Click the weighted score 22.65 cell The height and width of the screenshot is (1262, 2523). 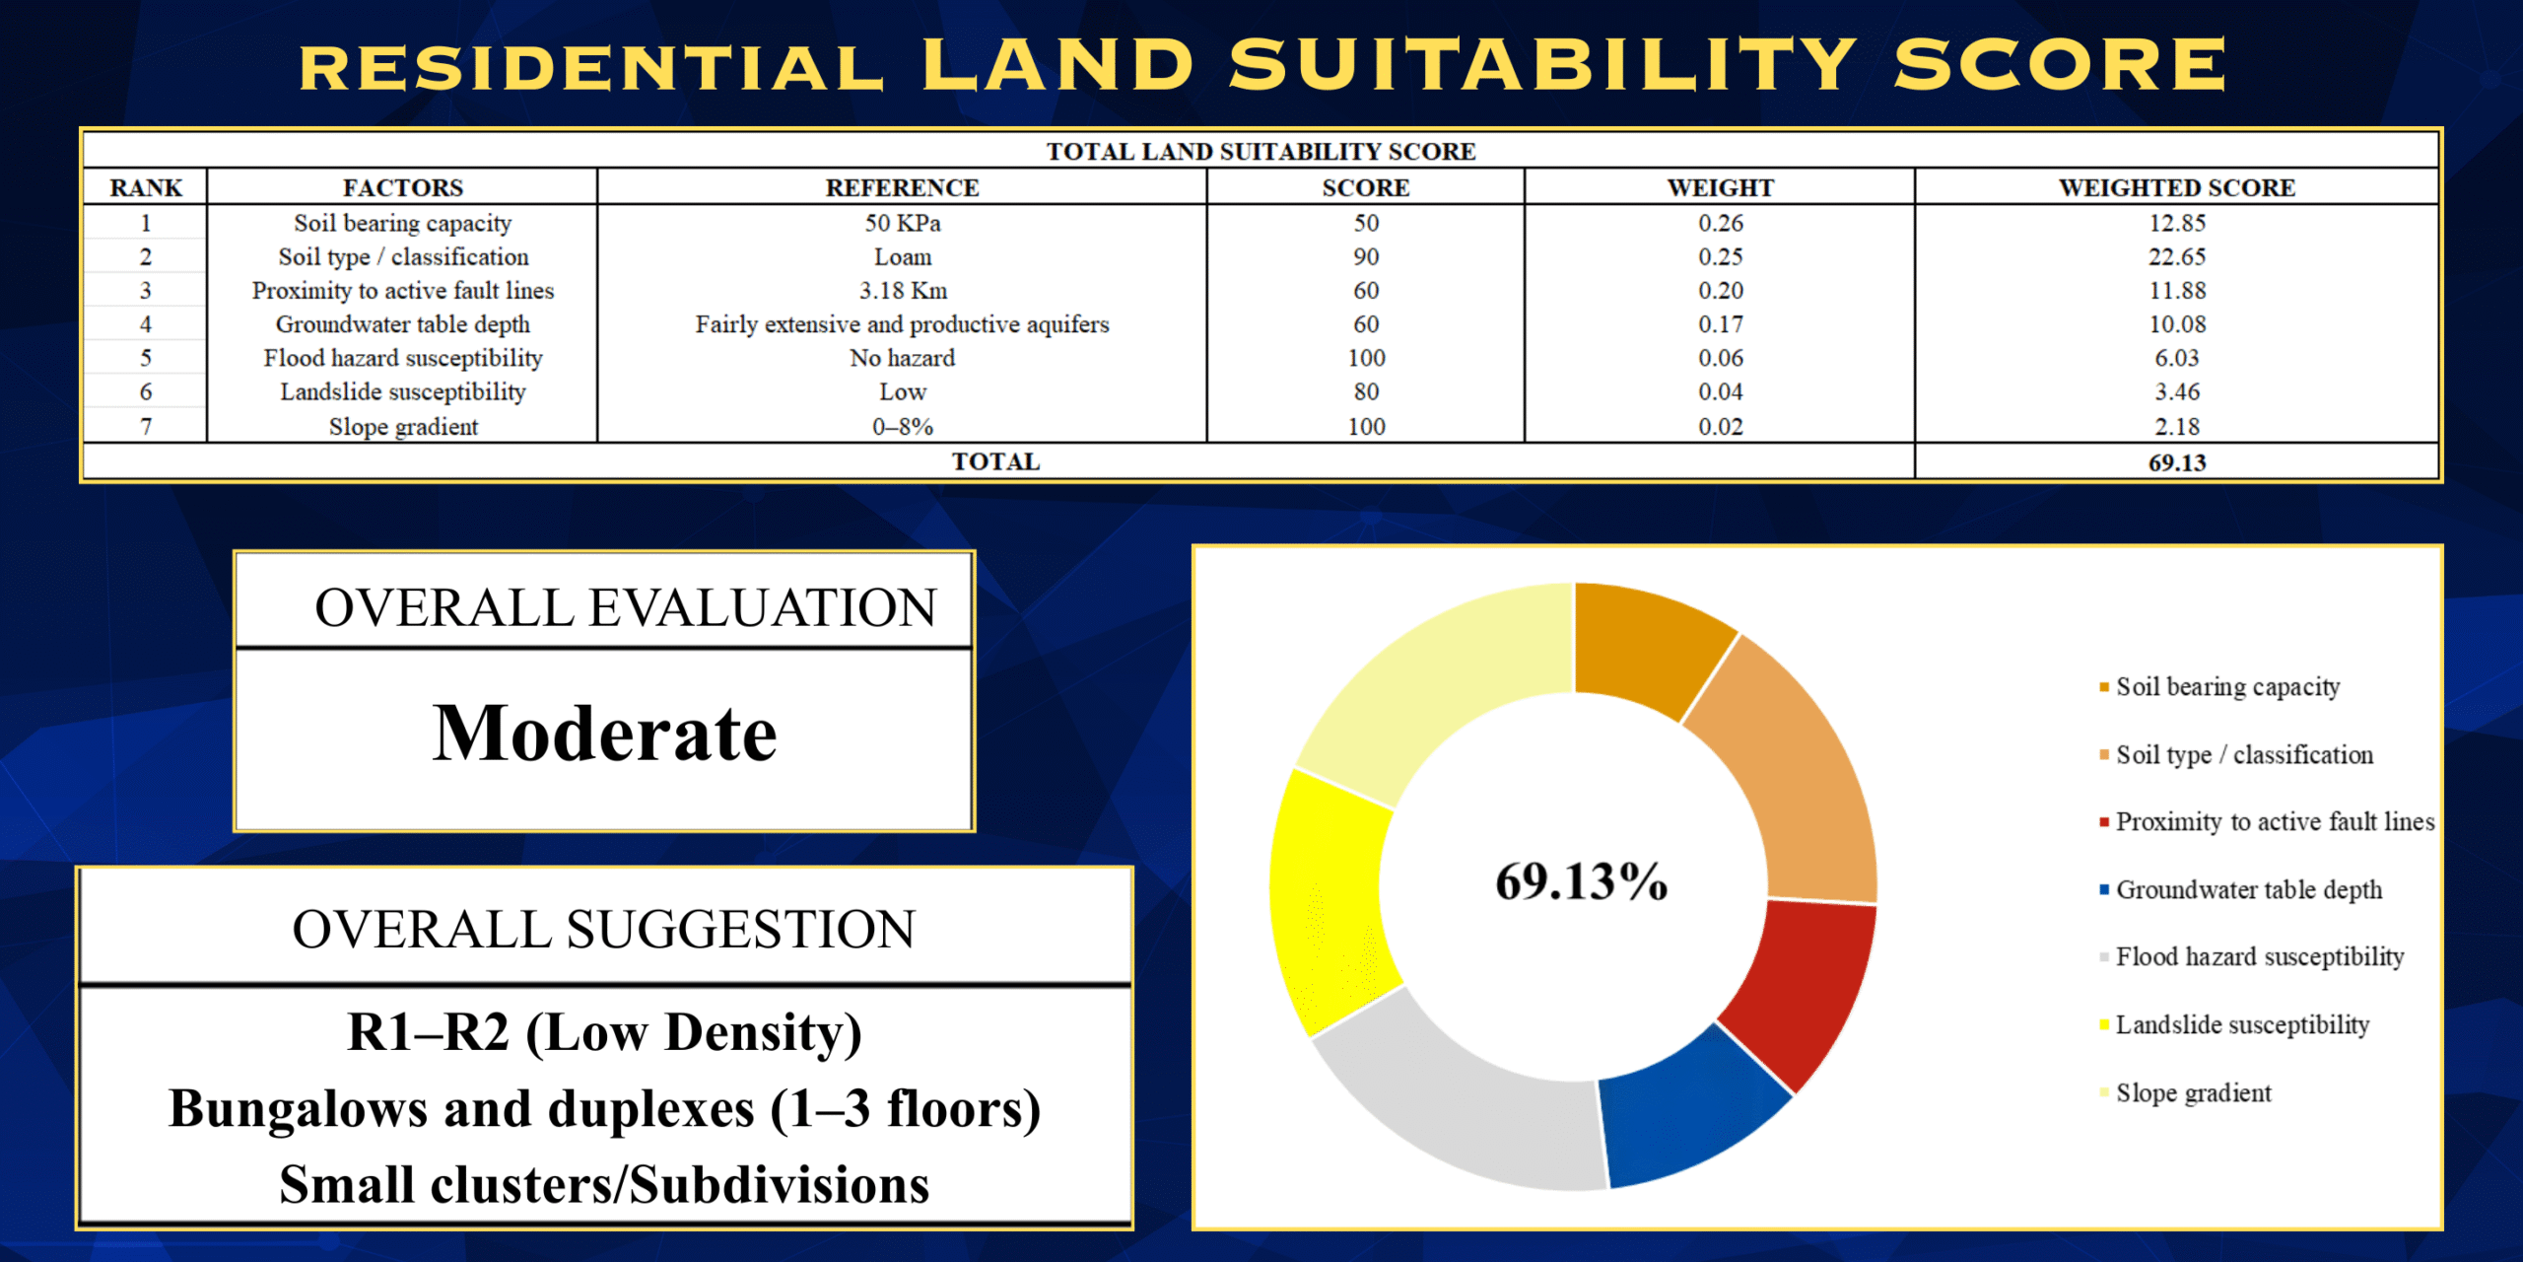pos(2176,256)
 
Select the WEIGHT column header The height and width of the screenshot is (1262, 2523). pos(1720,187)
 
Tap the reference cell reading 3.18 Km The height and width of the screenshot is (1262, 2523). pos(902,290)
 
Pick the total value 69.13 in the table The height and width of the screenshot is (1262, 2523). pos(2176,462)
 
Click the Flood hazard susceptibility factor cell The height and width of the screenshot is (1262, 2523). pos(402,358)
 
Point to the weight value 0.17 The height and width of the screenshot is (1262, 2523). pos(1720,324)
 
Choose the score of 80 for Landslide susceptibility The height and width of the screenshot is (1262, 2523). pos(1366,391)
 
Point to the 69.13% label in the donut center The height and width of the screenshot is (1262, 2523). pos(1581,881)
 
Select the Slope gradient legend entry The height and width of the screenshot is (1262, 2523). pos(2185,1092)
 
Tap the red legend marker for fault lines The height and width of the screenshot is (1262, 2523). pos(2104,822)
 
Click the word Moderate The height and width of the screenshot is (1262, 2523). pos(604,734)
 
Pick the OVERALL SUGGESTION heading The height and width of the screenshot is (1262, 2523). pos(604,930)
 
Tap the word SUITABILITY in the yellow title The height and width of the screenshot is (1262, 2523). pos(1542,65)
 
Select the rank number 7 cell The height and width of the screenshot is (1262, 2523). pos(146,426)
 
